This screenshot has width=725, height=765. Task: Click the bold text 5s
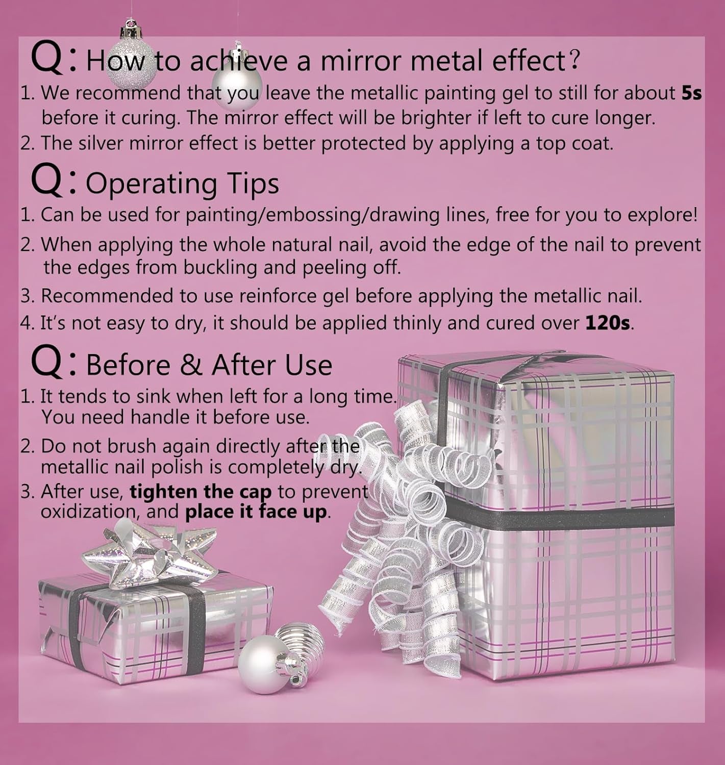click(x=691, y=93)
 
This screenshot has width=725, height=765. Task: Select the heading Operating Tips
click(x=182, y=183)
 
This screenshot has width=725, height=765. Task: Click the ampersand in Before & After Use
click(x=191, y=365)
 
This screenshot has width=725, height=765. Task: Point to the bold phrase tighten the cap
click(x=201, y=492)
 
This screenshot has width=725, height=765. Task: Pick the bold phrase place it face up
click(x=256, y=512)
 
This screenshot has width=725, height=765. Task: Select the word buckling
click(x=220, y=268)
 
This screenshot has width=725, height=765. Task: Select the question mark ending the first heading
click(x=572, y=60)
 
